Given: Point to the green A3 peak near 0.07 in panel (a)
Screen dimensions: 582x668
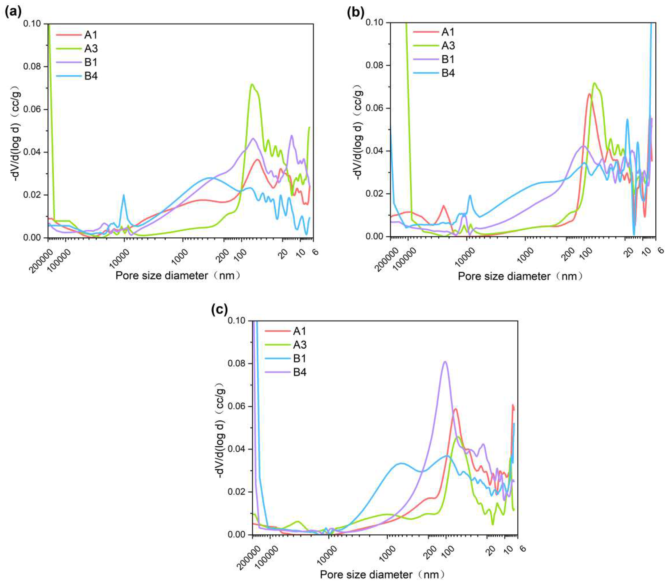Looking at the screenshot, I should coord(252,85).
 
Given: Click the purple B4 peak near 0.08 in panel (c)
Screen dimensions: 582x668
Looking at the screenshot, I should coord(445,361).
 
